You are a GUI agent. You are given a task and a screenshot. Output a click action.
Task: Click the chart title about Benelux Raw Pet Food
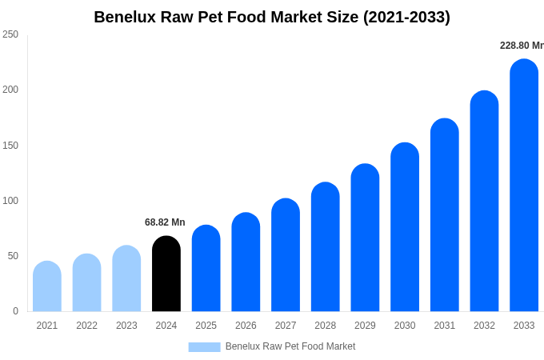tap(272, 17)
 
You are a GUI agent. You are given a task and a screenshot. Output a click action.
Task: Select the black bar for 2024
tap(166, 274)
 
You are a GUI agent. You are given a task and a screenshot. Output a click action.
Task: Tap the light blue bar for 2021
tap(47, 286)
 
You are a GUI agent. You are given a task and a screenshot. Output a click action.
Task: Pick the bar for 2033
tap(524, 186)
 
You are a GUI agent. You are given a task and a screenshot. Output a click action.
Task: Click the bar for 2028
tap(326, 247)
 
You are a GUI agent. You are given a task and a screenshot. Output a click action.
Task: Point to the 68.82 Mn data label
tap(165, 222)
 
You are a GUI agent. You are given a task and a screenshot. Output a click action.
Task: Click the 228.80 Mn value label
tap(522, 46)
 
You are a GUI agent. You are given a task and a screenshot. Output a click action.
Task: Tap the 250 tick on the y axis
tap(10, 34)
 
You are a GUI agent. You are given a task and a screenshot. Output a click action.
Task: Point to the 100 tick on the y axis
tap(10, 201)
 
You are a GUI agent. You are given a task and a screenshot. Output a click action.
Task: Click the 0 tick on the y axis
tap(15, 311)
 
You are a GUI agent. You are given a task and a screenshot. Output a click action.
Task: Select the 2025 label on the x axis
tap(206, 326)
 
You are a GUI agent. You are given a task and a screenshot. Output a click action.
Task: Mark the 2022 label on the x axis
tap(87, 326)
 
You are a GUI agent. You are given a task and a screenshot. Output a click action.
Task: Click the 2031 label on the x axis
tap(445, 326)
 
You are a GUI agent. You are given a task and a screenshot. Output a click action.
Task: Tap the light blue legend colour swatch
tap(204, 347)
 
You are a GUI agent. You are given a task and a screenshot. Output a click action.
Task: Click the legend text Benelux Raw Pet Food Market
tap(290, 346)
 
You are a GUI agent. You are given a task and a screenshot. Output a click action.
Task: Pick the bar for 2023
tap(126, 278)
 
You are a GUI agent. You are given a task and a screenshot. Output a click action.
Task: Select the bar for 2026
tap(246, 262)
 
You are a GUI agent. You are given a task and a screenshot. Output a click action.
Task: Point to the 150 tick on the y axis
tap(10, 146)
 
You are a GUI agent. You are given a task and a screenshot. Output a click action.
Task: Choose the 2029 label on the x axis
tap(365, 326)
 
